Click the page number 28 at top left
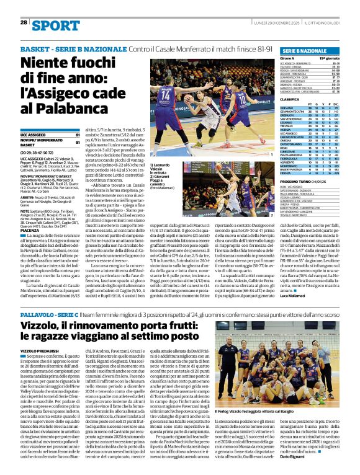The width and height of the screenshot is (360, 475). (x=24, y=23)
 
